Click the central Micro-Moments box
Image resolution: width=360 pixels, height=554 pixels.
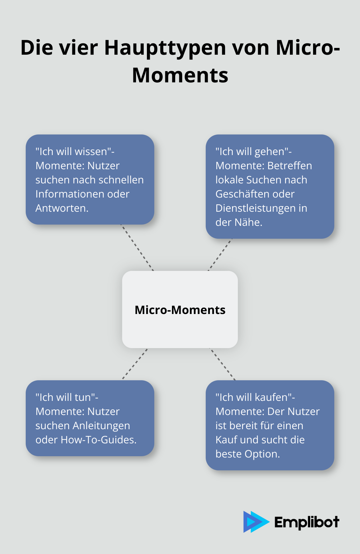tap(180, 309)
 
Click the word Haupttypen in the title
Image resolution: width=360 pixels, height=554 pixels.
tap(166, 48)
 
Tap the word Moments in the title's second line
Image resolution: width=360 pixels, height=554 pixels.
tap(180, 75)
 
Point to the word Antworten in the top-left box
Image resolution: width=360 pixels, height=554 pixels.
tap(62, 208)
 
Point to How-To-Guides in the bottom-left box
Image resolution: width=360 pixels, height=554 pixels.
tap(99, 440)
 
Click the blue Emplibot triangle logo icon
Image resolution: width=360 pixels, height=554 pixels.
tap(256, 522)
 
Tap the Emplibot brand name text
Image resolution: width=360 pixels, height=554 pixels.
tap(307, 522)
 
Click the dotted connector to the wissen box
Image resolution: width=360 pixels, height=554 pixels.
tap(137, 248)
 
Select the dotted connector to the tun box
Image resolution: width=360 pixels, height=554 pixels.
tap(135, 364)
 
